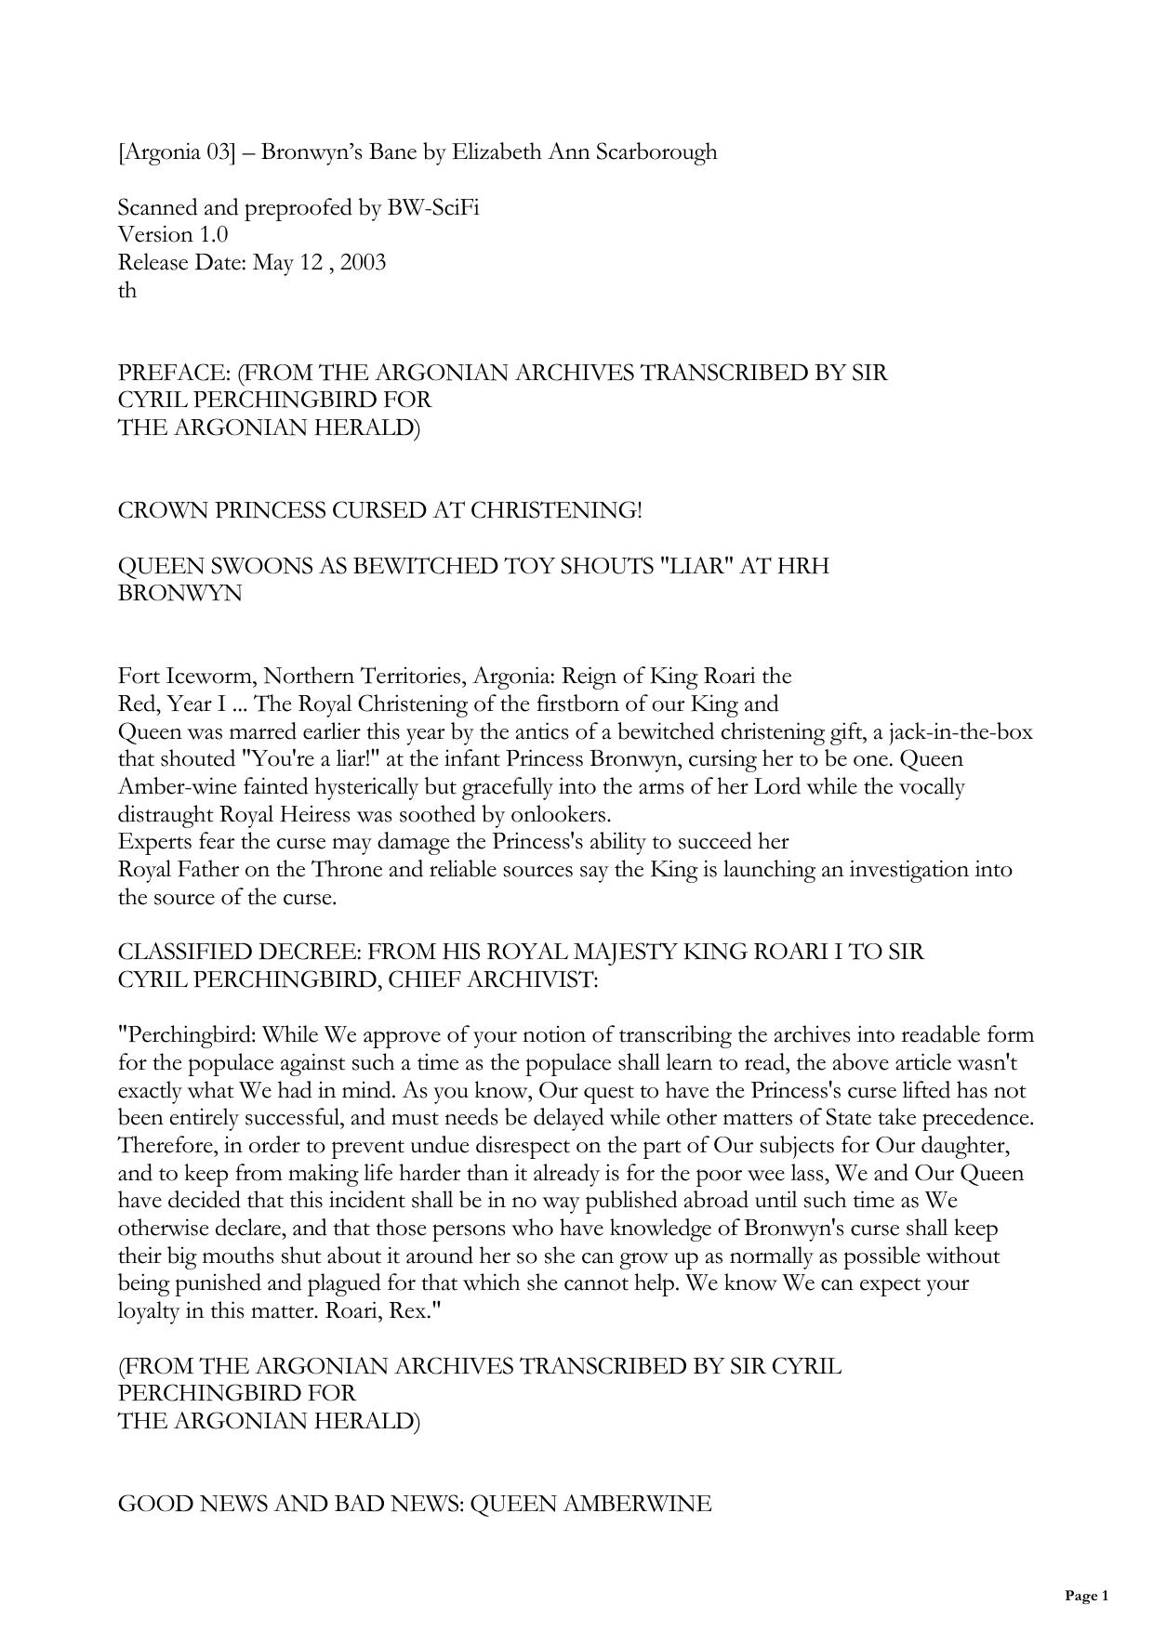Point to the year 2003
pyautogui.click(x=363, y=263)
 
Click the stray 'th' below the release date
pyautogui.click(x=127, y=291)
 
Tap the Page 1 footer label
pyautogui.click(x=1086, y=1597)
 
